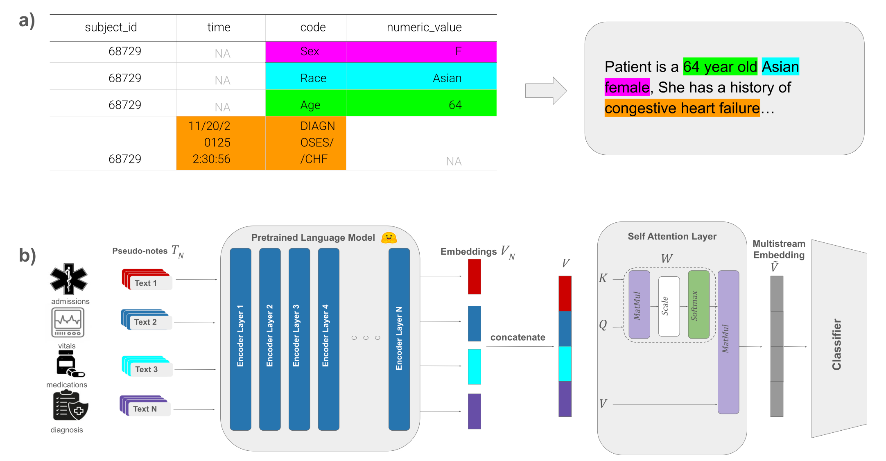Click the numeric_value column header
coord(424,27)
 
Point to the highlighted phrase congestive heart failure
coord(682,108)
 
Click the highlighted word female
coord(627,88)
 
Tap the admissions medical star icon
coord(68,279)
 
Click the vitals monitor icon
coord(68,323)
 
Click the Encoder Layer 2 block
coord(270,339)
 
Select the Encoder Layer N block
coord(399,339)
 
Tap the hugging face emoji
coord(389,237)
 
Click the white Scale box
coord(669,306)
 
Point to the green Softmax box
coord(698,305)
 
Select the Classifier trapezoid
coord(839,339)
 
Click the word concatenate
coord(518,337)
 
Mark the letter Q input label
coord(603,325)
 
